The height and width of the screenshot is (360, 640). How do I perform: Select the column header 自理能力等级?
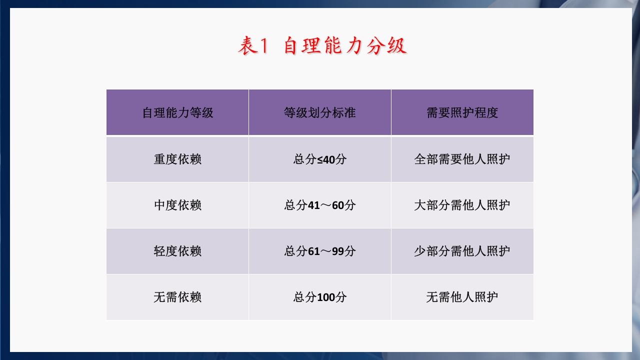tap(177, 112)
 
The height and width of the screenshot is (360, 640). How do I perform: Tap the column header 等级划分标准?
tap(319, 112)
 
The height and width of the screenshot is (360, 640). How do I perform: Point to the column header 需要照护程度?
tap(462, 112)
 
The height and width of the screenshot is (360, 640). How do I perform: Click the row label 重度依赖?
tap(177, 159)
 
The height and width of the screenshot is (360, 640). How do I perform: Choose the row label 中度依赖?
tap(177, 205)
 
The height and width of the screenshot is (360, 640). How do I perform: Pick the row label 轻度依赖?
tap(177, 251)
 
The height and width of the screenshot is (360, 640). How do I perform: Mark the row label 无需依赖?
tap(177, 297)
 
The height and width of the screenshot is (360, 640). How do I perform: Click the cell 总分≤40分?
tap(319, 159)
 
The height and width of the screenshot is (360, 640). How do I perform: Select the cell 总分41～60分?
tap(319, 205)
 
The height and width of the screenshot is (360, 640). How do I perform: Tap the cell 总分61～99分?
tap(319, 251)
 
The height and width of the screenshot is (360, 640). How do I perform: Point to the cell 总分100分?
tap(319, 297)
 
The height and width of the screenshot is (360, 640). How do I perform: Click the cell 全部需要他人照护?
tap(462, 159)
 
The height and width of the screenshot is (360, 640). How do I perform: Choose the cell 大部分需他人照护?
tap(462, 205)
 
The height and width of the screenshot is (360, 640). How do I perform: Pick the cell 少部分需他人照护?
tap(462, 251)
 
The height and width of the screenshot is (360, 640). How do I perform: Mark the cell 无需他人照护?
tap(462, 297)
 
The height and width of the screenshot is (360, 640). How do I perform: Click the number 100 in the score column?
tap(326, 297)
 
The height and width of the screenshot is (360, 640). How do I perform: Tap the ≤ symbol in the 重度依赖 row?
tap(320, 159)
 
